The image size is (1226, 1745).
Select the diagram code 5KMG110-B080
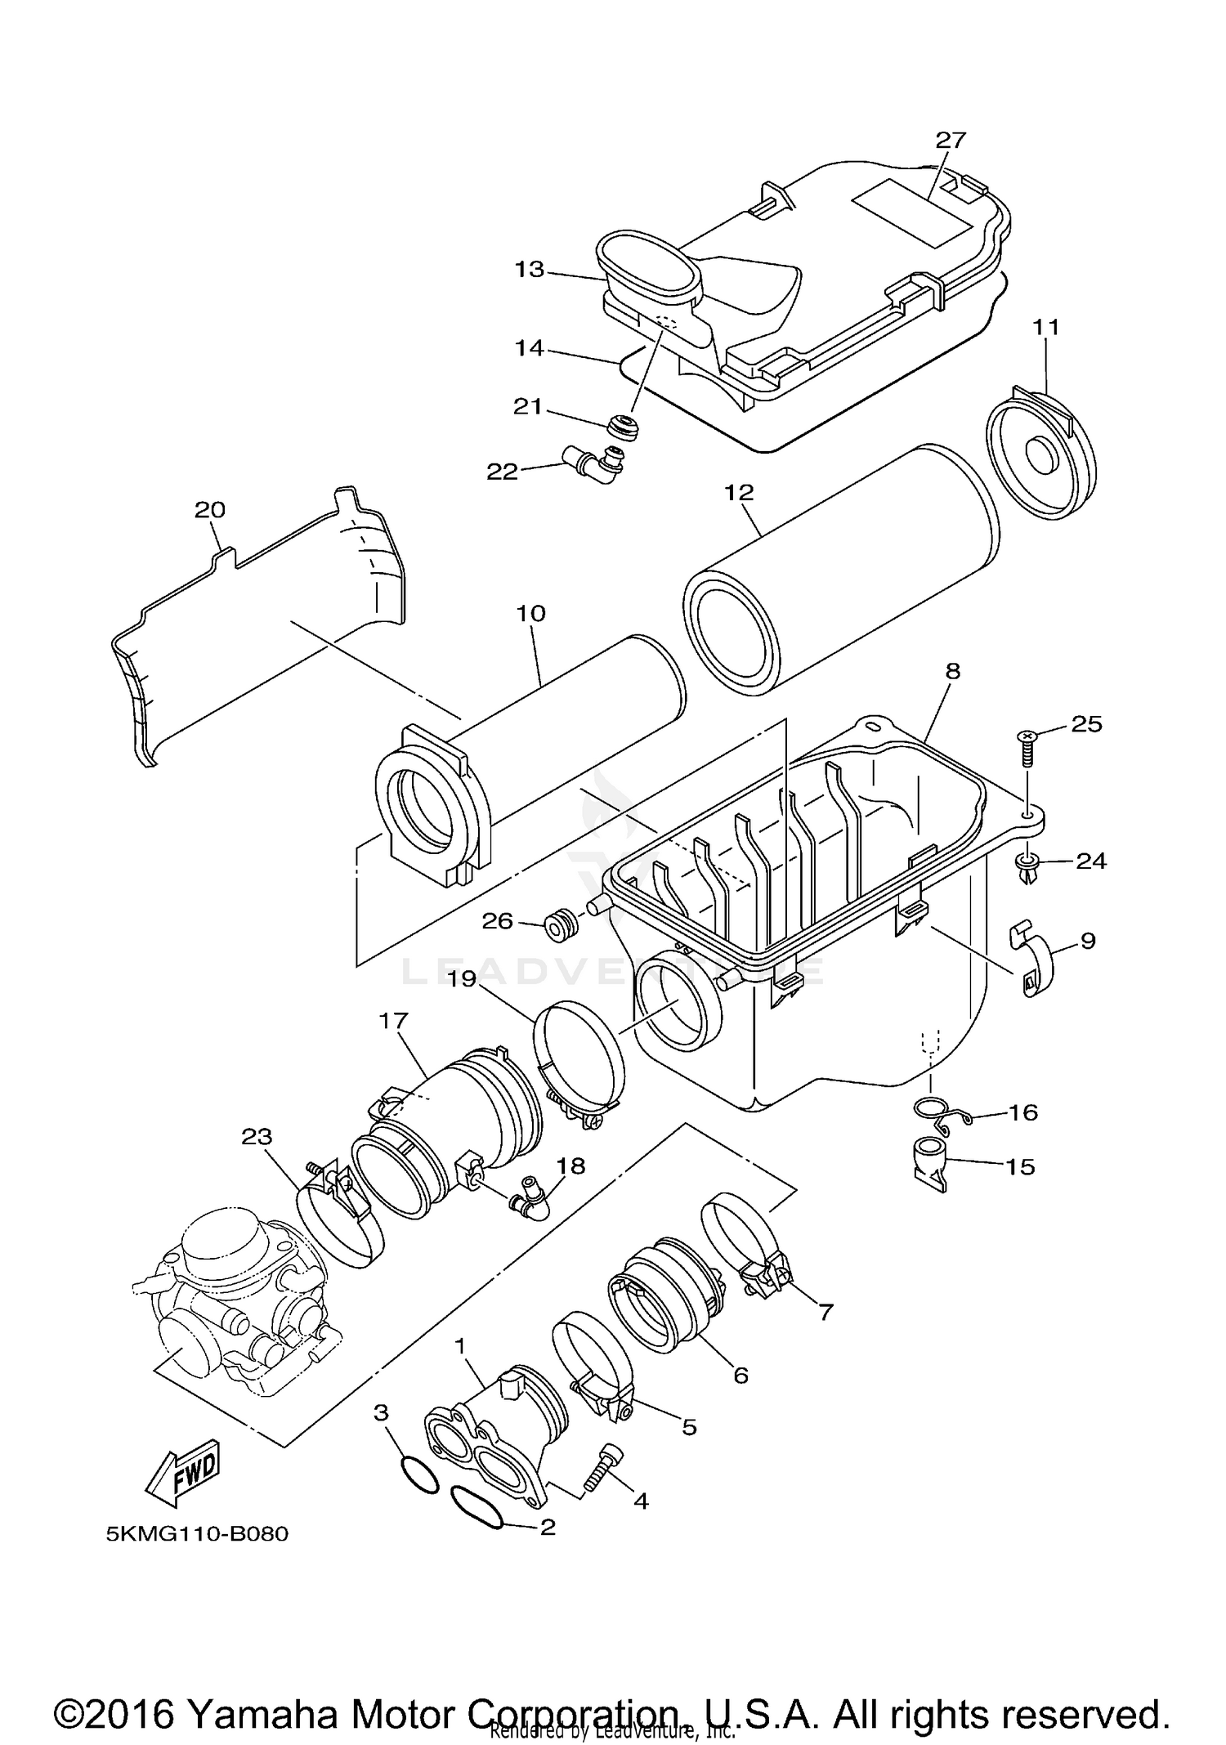197,1534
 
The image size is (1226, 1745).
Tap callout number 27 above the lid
951,140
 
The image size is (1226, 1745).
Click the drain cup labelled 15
929,1164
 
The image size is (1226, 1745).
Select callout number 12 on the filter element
738,493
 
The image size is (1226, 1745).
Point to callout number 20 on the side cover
209,510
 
